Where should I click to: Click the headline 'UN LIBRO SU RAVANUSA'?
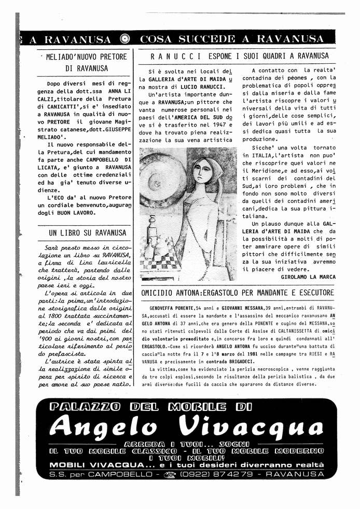click(x=88, y=233)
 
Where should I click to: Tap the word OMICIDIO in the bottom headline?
click(x=158, y=293)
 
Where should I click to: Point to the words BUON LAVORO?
click(x=75, y=212)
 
